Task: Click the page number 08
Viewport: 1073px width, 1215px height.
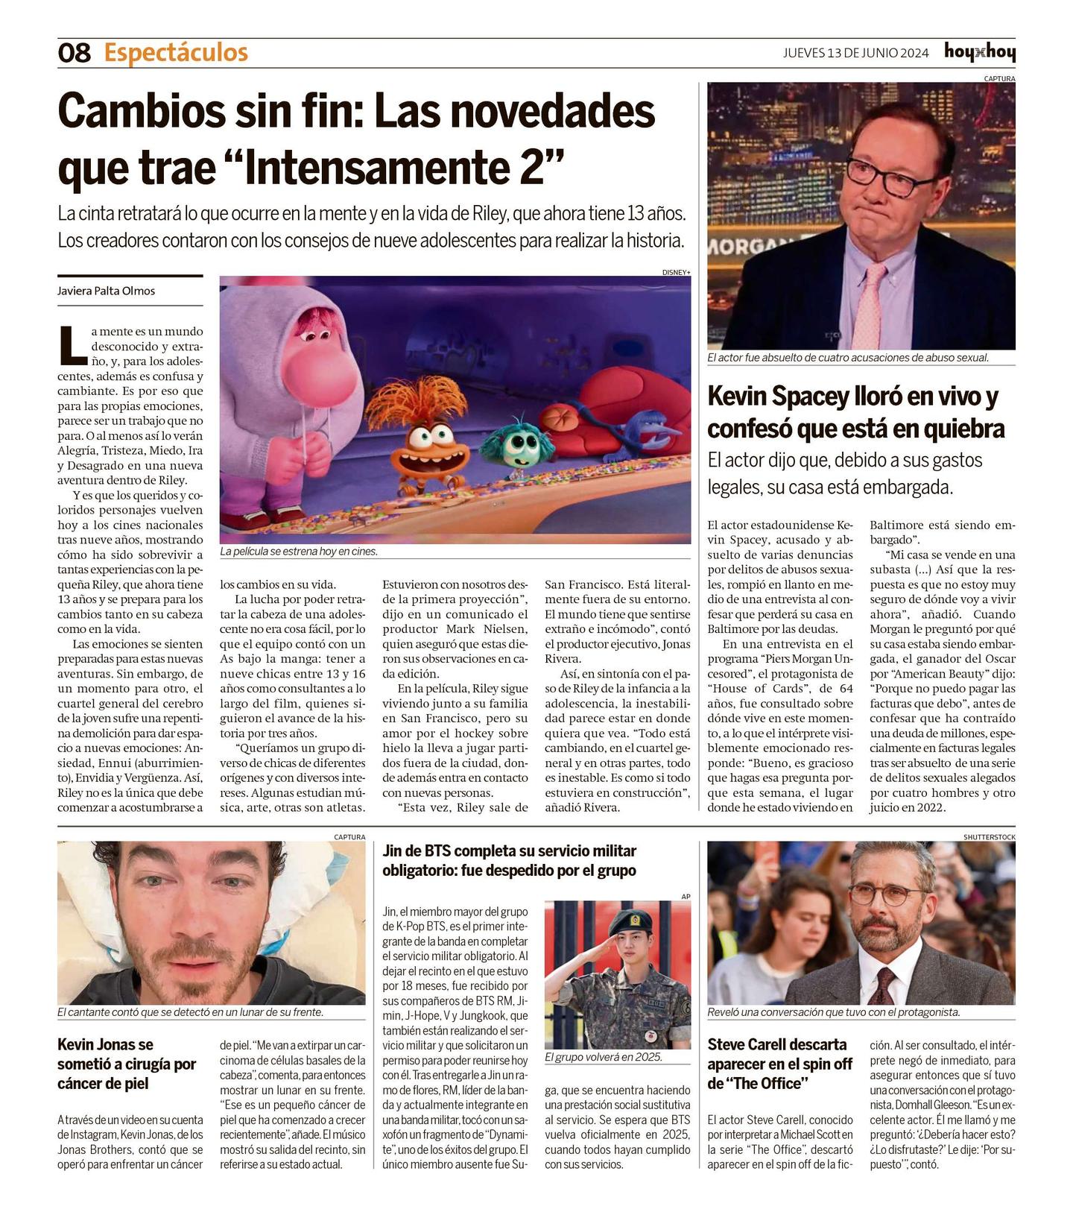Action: coord(74,53)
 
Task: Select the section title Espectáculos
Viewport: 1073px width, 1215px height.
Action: coord(176,53)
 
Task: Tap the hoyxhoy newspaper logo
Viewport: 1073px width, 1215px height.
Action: coord(979,52)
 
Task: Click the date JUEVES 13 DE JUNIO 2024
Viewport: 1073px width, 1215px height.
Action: coord(855,53)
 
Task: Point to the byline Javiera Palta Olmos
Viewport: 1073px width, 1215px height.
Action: coord(107,291)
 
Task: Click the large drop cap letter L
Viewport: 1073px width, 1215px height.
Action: coord(72,344)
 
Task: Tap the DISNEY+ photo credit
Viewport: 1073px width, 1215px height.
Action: coord(676,272)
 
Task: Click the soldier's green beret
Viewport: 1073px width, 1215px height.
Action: coord(630,924)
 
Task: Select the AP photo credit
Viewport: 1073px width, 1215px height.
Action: coord(686,897)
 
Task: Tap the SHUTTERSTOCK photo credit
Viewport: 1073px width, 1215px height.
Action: coord(989,837)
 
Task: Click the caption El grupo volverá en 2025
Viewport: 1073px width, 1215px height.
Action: coord(604,1057)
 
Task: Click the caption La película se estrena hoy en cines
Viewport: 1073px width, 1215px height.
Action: coord(299,552)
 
